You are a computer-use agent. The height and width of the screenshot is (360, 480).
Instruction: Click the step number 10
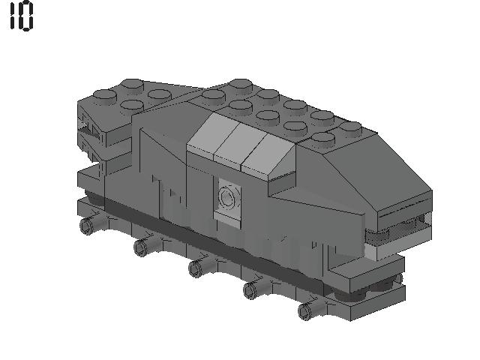pos(22,16)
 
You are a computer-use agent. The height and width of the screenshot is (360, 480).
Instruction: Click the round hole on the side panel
pos(227,197)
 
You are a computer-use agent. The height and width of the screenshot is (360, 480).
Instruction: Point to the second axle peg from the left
pos(141,246)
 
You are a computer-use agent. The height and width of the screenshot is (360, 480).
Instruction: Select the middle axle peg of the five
pos(196,267)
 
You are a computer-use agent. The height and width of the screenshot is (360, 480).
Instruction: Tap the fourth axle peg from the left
pos(251,289)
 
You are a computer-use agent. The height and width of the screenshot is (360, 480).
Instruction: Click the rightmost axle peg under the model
pos(305,310)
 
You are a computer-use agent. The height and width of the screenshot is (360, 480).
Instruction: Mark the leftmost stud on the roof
pos(104,96)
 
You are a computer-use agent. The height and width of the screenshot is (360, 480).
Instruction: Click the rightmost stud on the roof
pos(350,128)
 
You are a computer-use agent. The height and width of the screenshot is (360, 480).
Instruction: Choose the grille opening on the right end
pos(405,224)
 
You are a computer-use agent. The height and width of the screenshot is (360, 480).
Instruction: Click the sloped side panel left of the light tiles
pos(161,150)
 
